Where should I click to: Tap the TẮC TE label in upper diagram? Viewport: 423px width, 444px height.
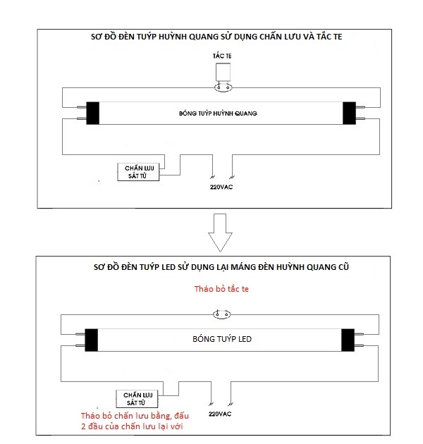click(221, 54)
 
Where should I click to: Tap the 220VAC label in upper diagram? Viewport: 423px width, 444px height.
click(221, 187)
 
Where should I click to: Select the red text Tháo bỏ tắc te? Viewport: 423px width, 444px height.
click(221, 290)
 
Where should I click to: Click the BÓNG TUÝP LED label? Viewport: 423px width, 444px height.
click(221, 339)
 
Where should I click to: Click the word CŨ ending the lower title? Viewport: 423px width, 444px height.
click(337, 269)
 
